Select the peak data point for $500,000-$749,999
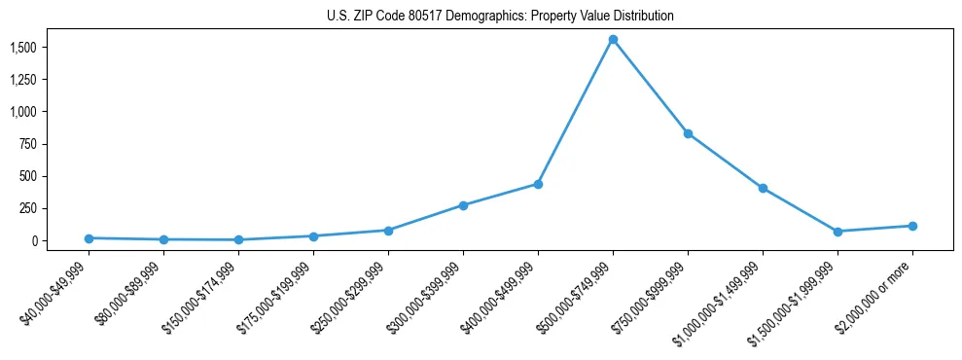tap(613, 40)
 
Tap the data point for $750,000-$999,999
tap(688, 133)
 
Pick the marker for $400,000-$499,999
tap(538, 184)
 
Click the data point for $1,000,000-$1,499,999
tap(763, 188)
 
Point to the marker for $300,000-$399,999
tap(463, 205)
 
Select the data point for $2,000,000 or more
tap(912, 226)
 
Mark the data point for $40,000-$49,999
tap(89, 238)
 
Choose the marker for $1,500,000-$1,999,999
tap(837, 232)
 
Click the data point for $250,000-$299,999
tap(388, 231)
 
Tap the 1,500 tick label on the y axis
tap(23, 48)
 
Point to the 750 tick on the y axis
tap(28, 144)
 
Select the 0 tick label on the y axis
tap(34, 240)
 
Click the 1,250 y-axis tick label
tap(23, 80)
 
